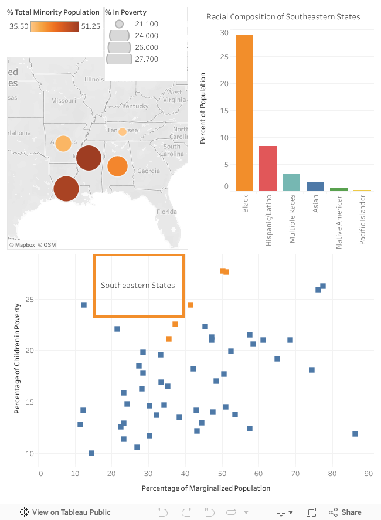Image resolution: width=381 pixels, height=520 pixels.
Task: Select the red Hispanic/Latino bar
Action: pos(267,168)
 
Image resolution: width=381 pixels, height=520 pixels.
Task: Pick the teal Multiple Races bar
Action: pos(291,182)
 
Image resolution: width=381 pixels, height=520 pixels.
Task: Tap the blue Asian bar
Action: pos(315,186)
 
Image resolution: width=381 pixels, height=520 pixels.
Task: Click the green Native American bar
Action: pos(338,189)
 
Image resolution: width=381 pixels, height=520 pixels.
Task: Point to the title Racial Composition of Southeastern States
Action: pos(283,17)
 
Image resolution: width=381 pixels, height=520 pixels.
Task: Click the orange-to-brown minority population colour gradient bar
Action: pos(54,26)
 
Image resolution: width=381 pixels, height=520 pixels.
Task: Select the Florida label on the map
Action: pos(166,212)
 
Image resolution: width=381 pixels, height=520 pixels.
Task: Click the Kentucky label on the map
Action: pos(135,106)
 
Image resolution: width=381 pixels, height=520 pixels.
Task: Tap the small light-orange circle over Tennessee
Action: pos(122,132)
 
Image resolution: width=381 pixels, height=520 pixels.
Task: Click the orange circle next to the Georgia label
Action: pos(117,166)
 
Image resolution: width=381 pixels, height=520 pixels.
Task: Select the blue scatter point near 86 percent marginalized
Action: pos(355,434)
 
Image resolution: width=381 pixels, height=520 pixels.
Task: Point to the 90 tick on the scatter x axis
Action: pos(369,473)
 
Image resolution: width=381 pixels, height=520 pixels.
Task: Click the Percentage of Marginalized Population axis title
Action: pos(206,488)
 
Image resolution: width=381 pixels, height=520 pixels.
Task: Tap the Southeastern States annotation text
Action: pos(138,286)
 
